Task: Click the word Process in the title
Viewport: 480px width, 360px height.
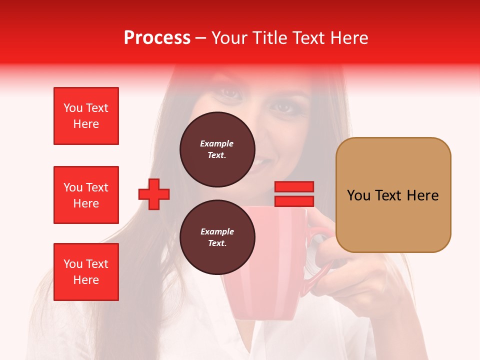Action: point(157,38)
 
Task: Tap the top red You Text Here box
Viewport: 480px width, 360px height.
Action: point(86,116)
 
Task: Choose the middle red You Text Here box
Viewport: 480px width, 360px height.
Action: point(86,195)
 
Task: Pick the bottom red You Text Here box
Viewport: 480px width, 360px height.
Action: point(86,272)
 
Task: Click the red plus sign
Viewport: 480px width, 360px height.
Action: point(154,194)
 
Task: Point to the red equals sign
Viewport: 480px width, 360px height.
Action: point(294,194)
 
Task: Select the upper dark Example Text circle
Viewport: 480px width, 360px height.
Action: point(217,149)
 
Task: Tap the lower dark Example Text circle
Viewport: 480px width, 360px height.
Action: point(217,237)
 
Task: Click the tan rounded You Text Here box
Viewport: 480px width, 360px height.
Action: point(393,195)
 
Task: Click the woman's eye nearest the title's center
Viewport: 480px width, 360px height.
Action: point(229,92)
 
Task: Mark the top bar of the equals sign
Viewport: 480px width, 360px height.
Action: point(294,187)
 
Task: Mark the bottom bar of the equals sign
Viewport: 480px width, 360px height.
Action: point(294,201)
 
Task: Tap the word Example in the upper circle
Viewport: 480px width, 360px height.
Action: point(217,143)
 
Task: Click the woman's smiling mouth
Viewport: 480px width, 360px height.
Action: point(262,162)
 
